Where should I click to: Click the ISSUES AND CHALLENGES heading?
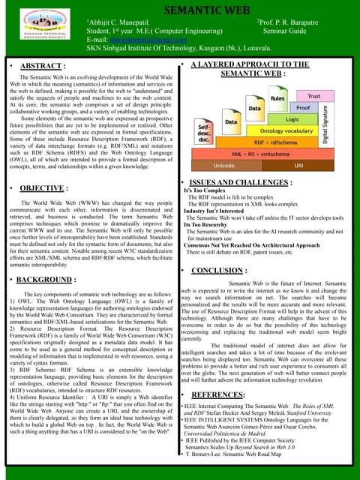click(247, 182)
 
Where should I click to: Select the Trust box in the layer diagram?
click(313, 97)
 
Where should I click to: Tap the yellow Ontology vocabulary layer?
click(281, 130)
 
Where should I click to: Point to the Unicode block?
click(223, 165)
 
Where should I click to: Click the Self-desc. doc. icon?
click(205, 135)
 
